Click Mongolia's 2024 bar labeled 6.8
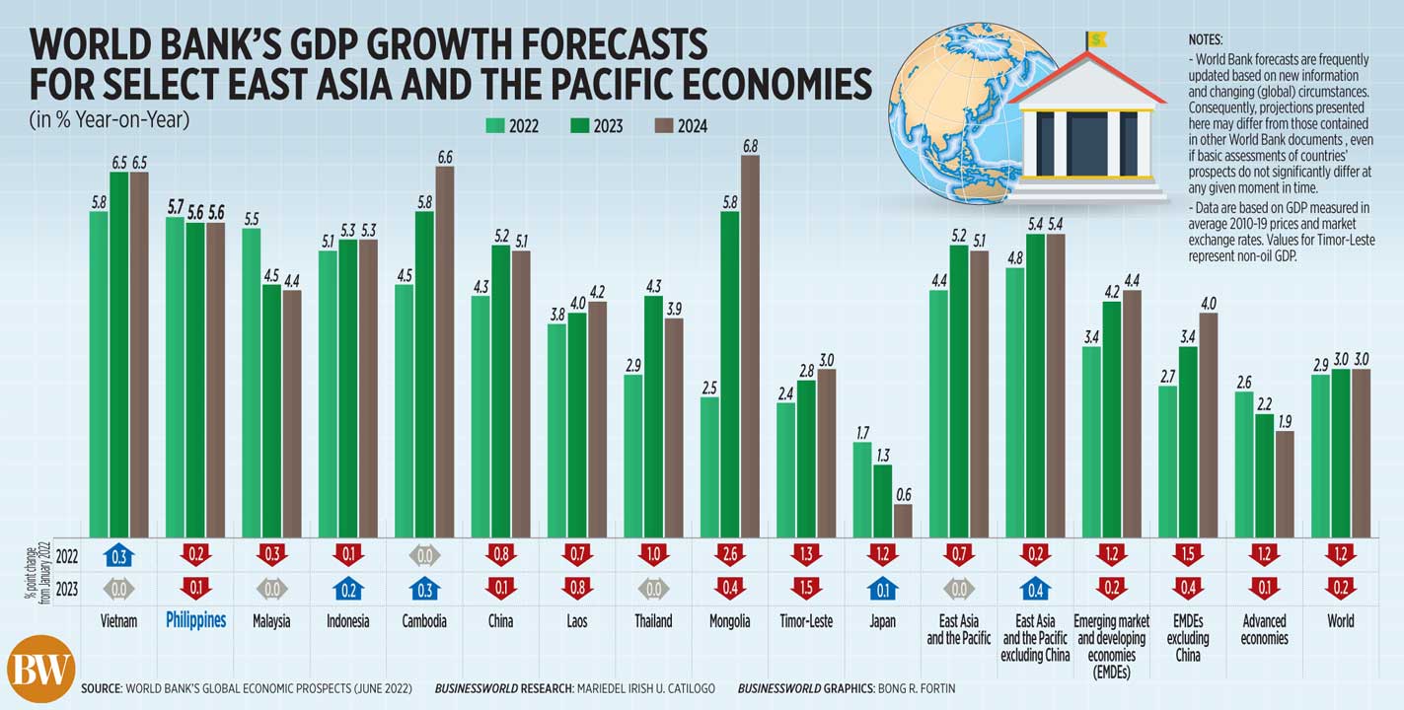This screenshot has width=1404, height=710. pyautogui.click(x=750, y=345)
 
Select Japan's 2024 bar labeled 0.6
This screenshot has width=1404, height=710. pyautogui.click(x=903, y=520)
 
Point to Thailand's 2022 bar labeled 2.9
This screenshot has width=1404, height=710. pyautogui.click(x=633, y=455)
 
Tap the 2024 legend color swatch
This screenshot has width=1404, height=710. pyautogui.click(x=663, y=126)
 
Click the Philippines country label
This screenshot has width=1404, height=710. pyautogui.click(x=195, y=621)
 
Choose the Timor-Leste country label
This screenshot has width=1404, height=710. pyautogui.click(x=806, y=621)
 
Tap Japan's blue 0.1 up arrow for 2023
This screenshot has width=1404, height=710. pyautogui.click(x=883, y=590)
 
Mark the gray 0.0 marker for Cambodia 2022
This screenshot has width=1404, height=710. pyautogui.click(x=424, y=554)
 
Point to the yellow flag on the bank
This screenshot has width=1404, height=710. pyautogui.click(x=1096, y=39)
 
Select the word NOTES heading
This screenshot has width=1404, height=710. pyautogui.click(x=1206, y=40)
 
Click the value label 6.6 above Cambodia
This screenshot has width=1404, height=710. pyautogui.click(x=444, y=157)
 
